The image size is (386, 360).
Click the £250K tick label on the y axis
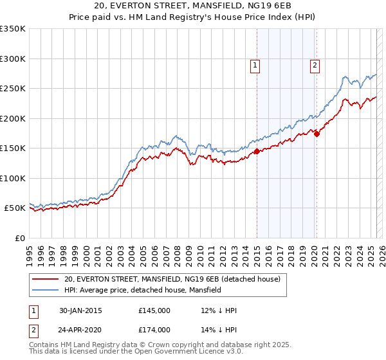13,88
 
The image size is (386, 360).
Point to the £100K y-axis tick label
13,178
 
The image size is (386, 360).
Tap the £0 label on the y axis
19,238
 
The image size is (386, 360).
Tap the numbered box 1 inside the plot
255,65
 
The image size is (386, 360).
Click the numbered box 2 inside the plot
315,65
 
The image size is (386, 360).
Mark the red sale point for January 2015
257,152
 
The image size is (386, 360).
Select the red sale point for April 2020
317,134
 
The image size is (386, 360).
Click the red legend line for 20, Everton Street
45,280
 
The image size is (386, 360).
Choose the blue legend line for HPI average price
45,291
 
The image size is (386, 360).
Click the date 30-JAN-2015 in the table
80,311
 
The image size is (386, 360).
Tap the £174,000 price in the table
154,330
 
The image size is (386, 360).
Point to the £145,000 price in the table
154,311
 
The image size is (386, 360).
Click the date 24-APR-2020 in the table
80,330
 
